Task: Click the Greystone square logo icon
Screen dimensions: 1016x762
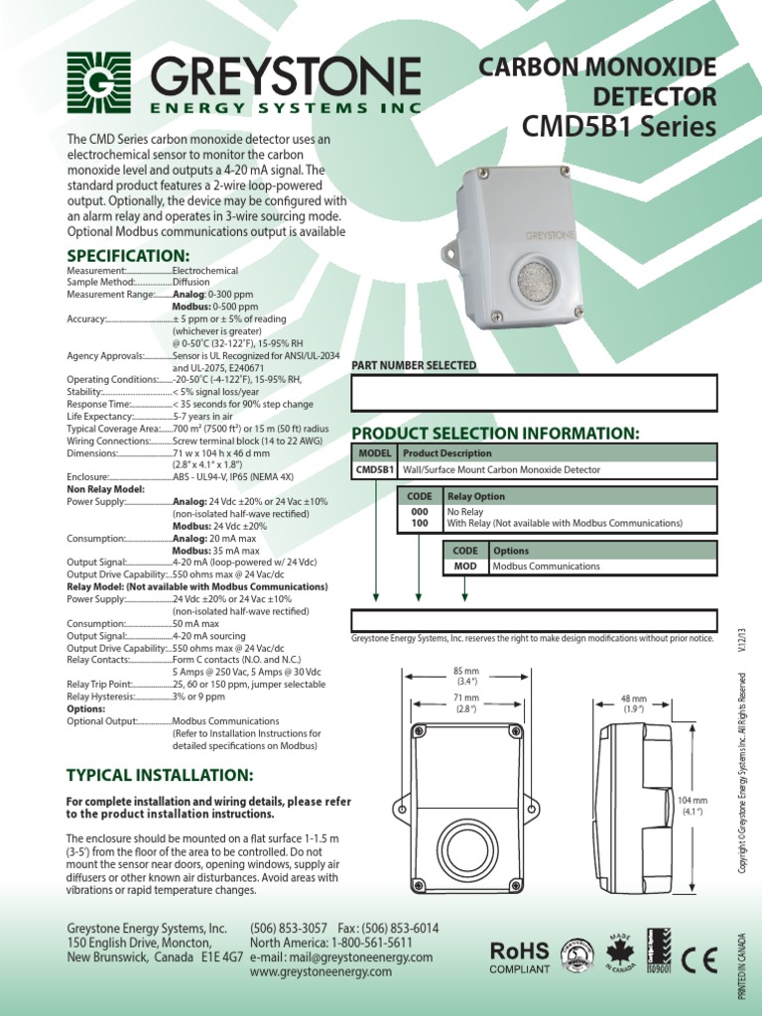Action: (x=99, y=84)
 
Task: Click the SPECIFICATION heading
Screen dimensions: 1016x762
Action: (x=127, y=256)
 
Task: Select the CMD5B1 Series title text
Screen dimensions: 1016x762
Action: (x=618, y=127)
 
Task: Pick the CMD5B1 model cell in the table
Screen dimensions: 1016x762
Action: (x=374, y=470)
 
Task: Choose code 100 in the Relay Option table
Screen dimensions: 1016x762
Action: (x=419, y=522)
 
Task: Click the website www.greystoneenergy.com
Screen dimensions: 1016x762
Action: (x=321, y=972)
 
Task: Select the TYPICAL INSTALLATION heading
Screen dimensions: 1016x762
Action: (x=160, y=773)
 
